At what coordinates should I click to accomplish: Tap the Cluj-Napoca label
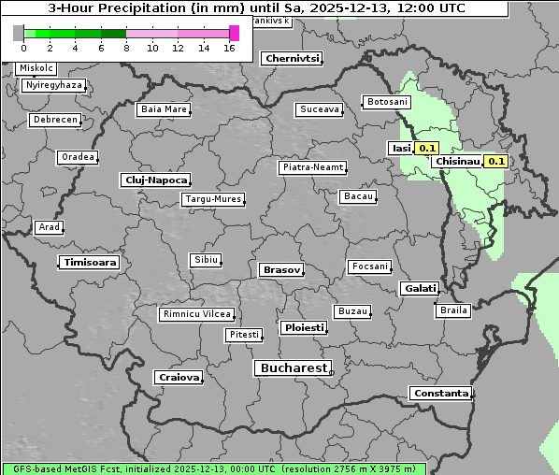155,180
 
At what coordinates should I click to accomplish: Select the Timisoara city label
91,263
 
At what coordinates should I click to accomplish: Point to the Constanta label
440,394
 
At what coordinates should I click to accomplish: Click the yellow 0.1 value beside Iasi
427,148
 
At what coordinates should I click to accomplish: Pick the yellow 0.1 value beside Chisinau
496,161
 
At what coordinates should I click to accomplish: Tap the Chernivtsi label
293,58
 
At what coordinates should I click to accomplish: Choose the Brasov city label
281,269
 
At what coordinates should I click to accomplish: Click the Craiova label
179,377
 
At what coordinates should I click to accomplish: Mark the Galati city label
420,288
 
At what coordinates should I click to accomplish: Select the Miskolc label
36,68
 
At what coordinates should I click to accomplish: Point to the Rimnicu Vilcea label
196,314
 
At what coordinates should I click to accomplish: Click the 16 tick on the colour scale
229,48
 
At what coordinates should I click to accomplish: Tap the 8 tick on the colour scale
126,48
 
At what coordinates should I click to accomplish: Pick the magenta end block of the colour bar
234,33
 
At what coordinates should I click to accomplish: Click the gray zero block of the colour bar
19,33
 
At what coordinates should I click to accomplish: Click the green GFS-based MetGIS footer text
213,468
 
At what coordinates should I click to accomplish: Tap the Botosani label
386,101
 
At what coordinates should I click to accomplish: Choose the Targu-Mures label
212,199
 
